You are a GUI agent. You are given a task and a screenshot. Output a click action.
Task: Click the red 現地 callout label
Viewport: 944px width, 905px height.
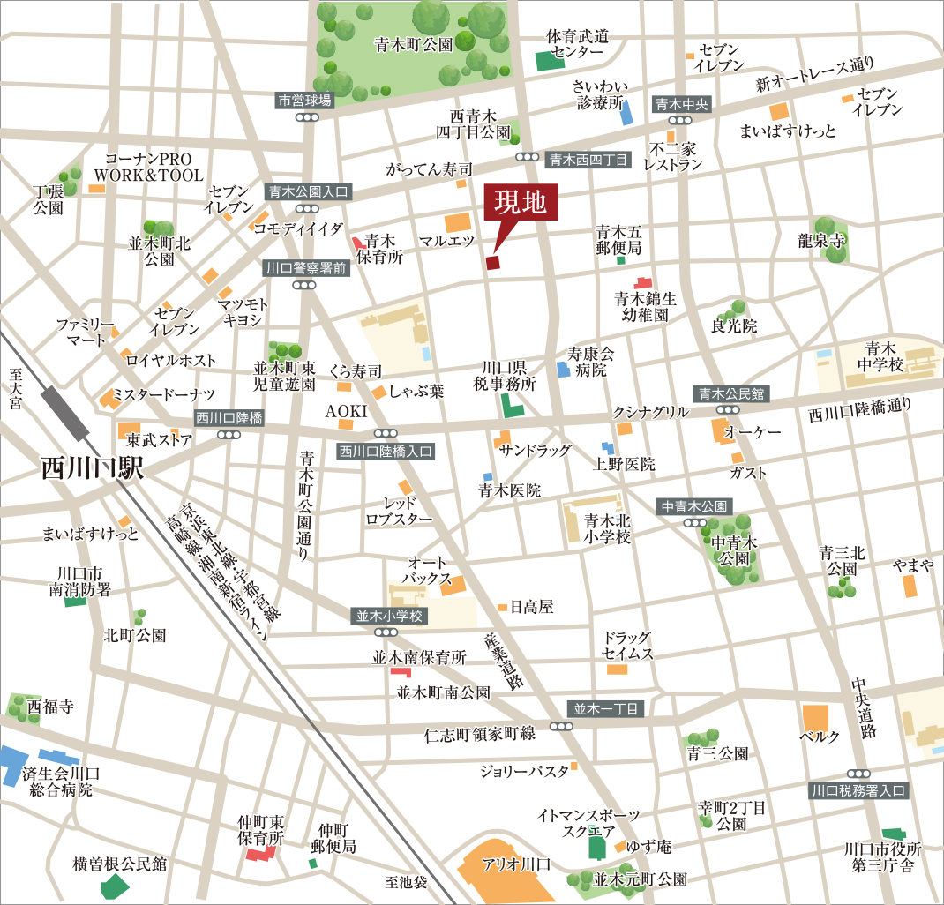(x=521, y=204)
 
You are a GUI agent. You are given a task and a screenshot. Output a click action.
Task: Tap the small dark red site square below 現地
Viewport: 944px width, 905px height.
(x=492, y=262)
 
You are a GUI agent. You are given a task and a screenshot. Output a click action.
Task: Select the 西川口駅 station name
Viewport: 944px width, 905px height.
(x=93, y=468)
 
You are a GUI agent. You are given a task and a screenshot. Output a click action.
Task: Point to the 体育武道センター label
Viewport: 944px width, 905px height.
(x=578, y=44)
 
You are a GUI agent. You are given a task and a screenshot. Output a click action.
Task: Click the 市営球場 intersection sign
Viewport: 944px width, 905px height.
(x=305, y=101)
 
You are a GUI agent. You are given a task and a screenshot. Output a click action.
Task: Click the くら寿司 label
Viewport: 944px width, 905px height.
(x=355, y=371)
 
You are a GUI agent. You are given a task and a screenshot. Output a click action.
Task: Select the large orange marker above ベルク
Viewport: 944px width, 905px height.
(x=815, y=718)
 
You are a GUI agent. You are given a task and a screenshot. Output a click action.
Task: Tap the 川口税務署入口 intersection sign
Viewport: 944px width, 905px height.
(x=858, y=790)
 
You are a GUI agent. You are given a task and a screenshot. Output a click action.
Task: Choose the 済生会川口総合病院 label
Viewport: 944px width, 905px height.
(x=61, y=782)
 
